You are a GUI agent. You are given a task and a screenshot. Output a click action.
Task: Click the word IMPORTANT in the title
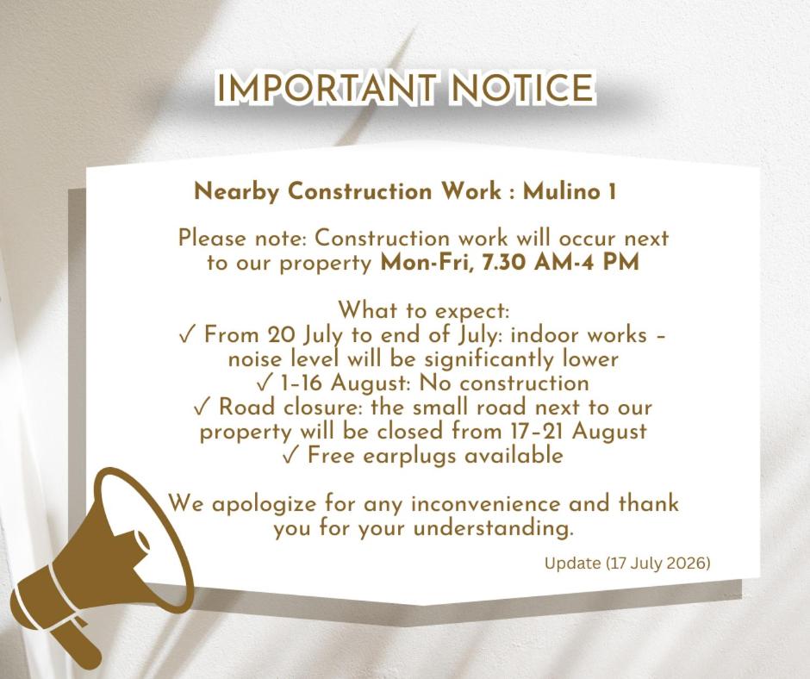pyautogui.click(x=327, y=87)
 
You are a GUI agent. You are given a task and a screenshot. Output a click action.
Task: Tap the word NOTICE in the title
pyautogui.click(x=522, y=87)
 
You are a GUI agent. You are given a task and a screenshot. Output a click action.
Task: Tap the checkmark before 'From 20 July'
pyautogui.click(x=187, y=336)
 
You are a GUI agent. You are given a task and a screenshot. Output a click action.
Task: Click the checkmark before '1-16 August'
pyautogui.click(x=264, y=384)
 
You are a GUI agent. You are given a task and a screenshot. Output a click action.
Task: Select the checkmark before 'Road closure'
pyautogui.click(x=202, y=408)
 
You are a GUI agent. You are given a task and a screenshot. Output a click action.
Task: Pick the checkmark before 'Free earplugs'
pyautogui.click(x=291, y=457)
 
